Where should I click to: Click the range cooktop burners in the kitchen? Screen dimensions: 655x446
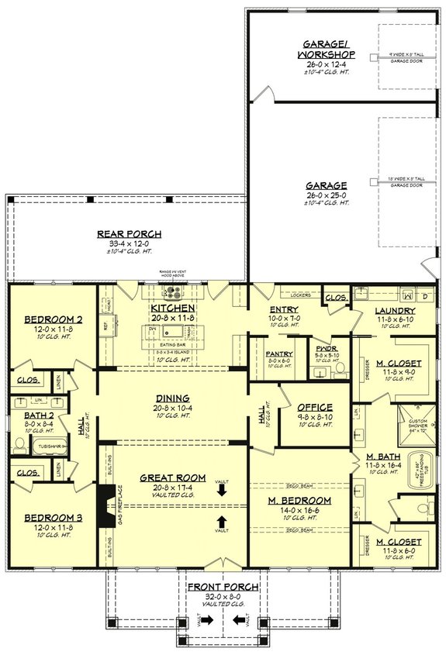point(173,292)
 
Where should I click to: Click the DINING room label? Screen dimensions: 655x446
point(172,398)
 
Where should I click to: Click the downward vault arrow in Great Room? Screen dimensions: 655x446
point(222,490)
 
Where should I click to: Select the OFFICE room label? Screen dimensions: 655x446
point(314,407)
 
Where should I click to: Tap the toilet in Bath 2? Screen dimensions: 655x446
point(19,444)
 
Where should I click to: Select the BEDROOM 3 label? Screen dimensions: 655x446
point(47,518)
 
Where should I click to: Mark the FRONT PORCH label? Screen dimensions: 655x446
point(222,587)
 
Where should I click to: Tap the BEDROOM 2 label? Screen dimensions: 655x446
point(47,319)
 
